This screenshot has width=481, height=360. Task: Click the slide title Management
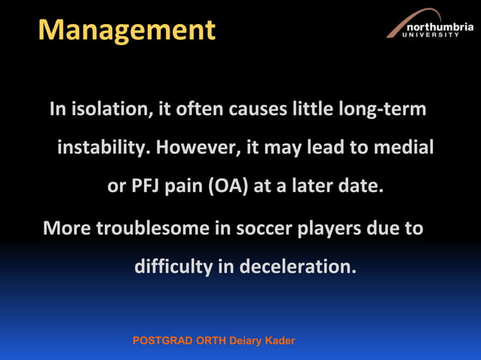coord(127,30)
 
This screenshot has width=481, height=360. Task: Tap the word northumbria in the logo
coord(440,28)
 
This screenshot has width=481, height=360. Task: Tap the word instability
coord(105,148)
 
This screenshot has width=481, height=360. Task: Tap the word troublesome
coord(153,227)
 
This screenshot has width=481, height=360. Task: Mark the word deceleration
coord(298,267)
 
